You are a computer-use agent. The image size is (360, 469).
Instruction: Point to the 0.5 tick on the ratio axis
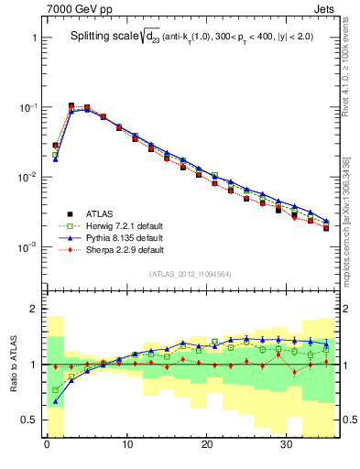coord(28,420)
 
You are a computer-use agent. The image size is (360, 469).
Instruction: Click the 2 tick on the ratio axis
coord(32,309)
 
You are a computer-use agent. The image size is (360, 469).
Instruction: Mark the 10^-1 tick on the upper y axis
coord(26,107)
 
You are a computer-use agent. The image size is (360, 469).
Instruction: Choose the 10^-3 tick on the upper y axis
coord(26,247)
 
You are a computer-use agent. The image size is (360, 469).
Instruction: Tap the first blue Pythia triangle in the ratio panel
coord(55,400)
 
